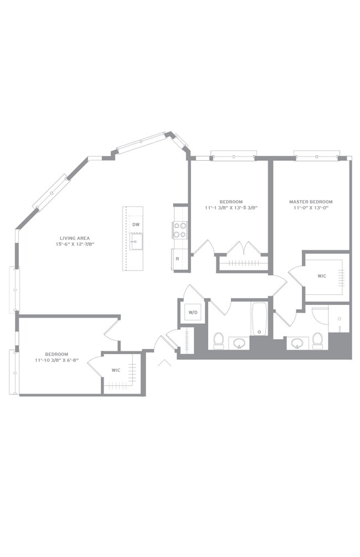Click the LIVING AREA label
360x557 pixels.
(x=75, y=238)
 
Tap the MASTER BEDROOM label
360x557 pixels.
(x=311, y=201)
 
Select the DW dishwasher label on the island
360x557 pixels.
(x=136, y=224)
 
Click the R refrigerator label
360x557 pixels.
(x=177, y=259)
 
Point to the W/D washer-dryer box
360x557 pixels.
(x=193, y=313)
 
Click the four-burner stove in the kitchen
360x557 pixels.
(x=179, y=229)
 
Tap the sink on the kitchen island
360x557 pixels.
(x=136, y=242)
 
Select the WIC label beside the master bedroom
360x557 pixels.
(x=322, y=276)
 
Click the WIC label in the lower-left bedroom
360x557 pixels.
(x=116, y=370)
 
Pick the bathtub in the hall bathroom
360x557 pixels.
(x=260, y=319)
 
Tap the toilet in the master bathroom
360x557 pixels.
(x=317, y=341)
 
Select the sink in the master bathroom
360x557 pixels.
(x=297, y=343)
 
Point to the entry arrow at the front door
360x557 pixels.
(x=164, y=362)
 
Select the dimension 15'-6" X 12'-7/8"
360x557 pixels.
(x=75, y=244)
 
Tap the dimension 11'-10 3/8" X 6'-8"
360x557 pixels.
(x=56, y=360)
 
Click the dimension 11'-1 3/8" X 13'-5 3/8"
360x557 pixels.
(x=231, y=208)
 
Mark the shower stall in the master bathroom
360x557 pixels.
(x=339, y=318)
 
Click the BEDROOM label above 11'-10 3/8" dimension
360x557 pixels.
(x=56, y=354)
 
